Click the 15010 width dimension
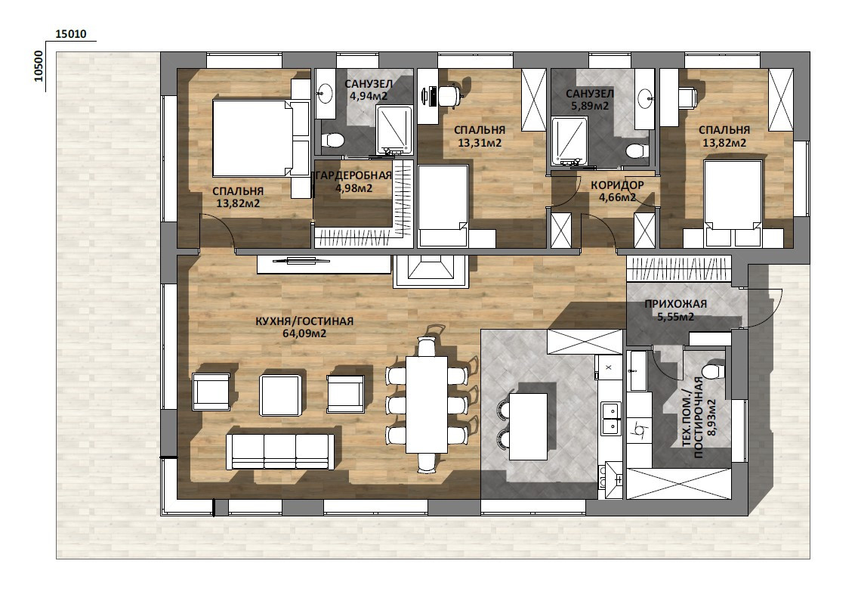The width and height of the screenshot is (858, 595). point(71,34)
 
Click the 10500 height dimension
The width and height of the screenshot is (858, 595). point(39,67)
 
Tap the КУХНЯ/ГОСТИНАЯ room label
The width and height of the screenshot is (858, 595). point(304,321)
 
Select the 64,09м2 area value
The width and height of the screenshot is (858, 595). point(304,333)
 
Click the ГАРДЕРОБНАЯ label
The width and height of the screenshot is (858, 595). point(352,175)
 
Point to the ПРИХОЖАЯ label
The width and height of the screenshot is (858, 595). point(675,303)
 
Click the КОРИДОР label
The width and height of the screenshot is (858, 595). point(617,185)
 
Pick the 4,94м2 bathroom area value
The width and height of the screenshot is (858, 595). point(369,96)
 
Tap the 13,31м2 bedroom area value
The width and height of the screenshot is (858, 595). point(480,143)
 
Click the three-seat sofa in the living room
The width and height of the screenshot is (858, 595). point(280,452)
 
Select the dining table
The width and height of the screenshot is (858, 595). point(426,404)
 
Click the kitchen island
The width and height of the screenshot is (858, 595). point(528,426)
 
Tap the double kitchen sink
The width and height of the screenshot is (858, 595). point(611,418)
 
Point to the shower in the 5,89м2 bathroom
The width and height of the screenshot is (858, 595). point(569,141)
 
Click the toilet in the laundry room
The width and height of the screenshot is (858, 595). point(714,371)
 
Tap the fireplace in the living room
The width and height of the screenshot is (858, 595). point(430,271)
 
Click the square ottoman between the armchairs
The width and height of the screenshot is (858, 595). point(280,395)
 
